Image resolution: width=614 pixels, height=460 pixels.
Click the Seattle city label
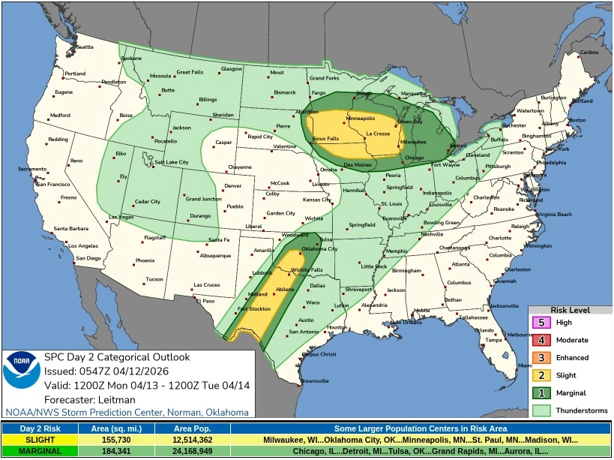point(85,47)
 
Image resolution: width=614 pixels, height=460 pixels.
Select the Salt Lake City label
point(172,162)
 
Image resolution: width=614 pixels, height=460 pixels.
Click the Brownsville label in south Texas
point(314,380)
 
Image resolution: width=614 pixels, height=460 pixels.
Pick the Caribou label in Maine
point(589,52)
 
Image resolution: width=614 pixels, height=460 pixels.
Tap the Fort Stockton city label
point(253,309)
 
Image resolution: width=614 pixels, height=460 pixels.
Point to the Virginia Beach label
point(554,214)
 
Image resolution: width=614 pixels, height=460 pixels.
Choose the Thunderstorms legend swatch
point(541,410)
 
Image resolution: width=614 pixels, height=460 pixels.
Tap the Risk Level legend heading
point(570,310)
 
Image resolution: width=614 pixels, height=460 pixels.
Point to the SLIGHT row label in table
point(39,439)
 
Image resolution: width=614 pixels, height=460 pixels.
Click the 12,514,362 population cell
point(192,439)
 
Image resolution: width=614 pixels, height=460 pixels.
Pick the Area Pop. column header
point(192,428)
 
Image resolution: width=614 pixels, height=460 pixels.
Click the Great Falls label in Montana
point(190,72)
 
